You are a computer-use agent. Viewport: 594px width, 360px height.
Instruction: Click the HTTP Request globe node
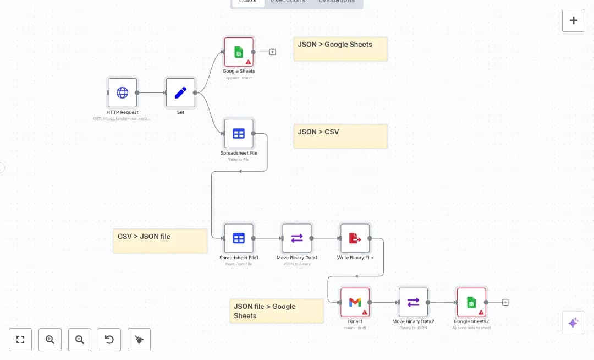point(122,92)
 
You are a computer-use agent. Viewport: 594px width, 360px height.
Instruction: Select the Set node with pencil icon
point(180,92)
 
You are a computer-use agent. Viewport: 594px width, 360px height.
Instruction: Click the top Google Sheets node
point(239,52)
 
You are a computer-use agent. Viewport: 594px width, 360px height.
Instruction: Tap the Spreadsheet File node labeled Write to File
point(239,133)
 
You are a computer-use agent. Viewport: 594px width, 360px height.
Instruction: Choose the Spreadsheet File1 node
point(239,238)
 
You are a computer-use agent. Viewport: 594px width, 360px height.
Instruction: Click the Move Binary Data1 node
point(297,238)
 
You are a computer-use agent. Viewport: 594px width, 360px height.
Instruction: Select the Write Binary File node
point(355,238)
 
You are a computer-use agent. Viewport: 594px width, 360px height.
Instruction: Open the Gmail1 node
point(355,302)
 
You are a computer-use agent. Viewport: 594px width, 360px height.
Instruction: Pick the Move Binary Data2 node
point(413,302)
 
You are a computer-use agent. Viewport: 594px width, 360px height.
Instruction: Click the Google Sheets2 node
point(471,302)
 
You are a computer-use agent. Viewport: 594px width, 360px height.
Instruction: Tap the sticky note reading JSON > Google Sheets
point(340,49)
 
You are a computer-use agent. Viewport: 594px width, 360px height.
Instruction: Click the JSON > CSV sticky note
point(340,136)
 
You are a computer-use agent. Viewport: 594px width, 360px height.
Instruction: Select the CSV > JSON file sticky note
point(160,241)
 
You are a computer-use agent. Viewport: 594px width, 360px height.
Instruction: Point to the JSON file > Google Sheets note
point(276,311)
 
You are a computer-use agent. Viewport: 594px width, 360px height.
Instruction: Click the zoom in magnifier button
point(50,340)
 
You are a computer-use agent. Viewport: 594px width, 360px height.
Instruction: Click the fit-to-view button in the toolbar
point(20,340)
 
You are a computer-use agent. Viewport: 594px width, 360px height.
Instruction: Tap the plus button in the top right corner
point(573,20)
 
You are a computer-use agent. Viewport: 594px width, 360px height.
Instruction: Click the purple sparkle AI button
point(573,323)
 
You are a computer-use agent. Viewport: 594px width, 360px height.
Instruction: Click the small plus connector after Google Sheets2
point(505,302)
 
